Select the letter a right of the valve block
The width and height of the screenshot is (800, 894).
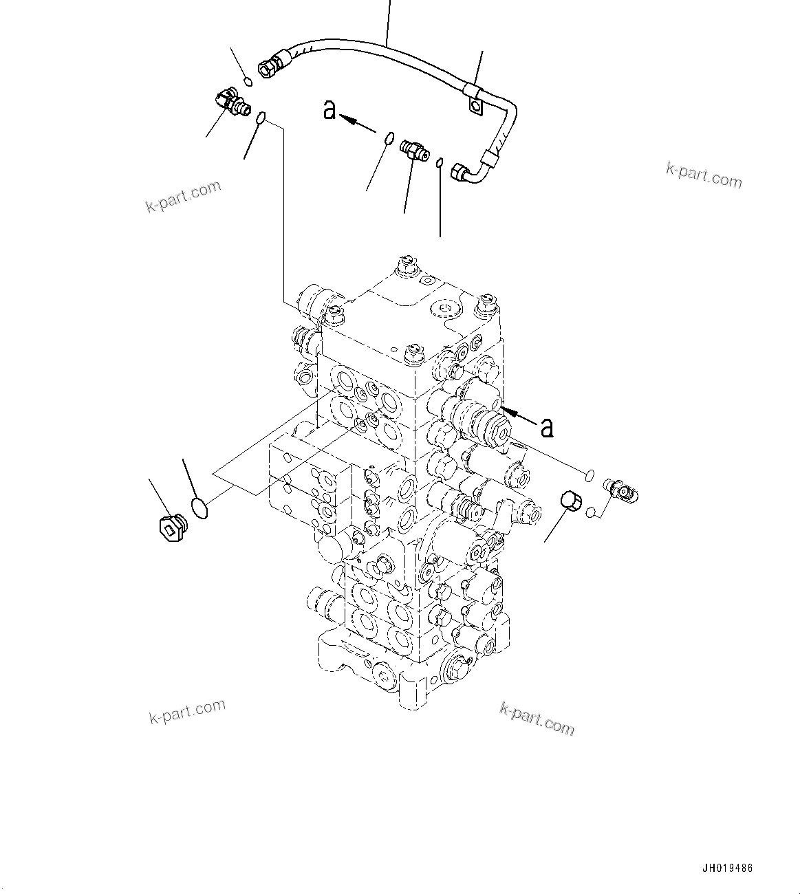pos(547,428)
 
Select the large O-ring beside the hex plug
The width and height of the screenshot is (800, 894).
pos(199,510)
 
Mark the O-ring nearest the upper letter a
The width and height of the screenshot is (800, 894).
pos(389,139)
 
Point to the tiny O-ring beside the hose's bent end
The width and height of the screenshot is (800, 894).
pos(439,162)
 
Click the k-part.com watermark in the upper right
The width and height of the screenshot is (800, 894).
pos(704,175)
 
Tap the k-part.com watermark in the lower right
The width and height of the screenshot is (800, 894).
pos(537,718)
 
